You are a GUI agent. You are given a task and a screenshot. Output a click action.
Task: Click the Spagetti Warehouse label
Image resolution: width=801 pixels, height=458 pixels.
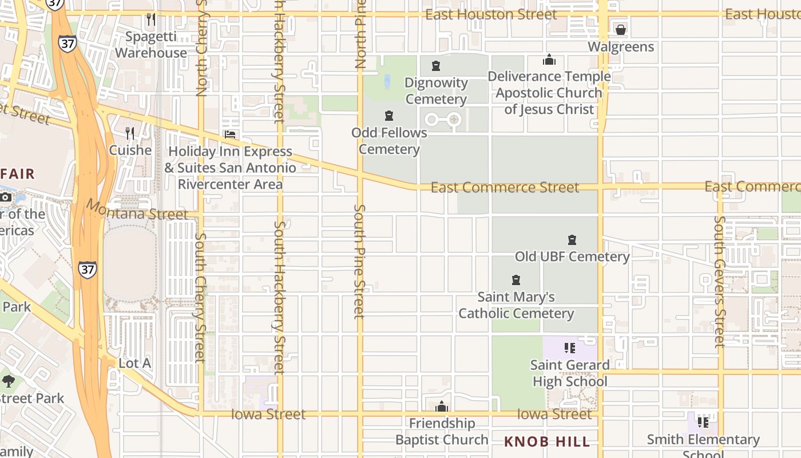tap(151, 45)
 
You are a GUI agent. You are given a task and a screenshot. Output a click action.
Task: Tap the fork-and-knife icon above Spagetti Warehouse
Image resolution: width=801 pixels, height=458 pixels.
tap(151, 19)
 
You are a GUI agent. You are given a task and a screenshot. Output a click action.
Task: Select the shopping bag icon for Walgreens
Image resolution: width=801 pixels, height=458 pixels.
tap(621, 29)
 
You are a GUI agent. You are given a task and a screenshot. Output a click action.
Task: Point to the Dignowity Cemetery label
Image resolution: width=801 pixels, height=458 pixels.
tap(436, 90)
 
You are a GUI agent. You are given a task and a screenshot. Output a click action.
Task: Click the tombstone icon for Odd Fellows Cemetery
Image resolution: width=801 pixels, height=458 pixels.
tap(389, 116)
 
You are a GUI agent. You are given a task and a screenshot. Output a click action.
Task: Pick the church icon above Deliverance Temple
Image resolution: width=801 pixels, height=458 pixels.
tap(549, 60)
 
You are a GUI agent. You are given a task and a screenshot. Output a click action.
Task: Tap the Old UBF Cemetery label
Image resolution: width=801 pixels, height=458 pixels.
tap(572, 256)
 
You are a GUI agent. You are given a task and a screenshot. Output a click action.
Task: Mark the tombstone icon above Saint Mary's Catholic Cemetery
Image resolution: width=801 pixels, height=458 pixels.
tap(516, 280)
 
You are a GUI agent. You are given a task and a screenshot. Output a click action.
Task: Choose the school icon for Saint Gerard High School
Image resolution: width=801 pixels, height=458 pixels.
tap(569, 348)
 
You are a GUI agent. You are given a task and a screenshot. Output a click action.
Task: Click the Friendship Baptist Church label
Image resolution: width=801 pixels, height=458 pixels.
tap(442, 431)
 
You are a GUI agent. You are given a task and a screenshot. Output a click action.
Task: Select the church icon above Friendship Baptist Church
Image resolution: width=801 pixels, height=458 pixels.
tap(441, 407)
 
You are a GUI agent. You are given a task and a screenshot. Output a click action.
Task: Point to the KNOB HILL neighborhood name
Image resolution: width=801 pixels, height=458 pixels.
tap(547, 441)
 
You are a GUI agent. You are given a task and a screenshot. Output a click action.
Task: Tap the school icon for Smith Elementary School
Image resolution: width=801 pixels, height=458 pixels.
tap(703, 423)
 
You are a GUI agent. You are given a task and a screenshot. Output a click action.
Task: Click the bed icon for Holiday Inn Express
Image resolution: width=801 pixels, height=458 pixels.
tap(230, 135)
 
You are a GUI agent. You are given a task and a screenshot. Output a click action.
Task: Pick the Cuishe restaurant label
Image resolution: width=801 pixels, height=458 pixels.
tap(130, 151)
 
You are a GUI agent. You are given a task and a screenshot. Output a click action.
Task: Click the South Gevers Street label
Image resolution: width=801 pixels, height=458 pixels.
tap(720, 282)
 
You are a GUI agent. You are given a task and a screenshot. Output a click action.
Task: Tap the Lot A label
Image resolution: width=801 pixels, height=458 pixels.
tap(135, 363)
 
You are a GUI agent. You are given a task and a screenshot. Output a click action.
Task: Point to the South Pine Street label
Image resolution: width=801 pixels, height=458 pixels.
tap(359, 261)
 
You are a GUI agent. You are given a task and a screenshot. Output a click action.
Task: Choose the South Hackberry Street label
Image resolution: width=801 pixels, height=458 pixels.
tap(279, 298)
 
